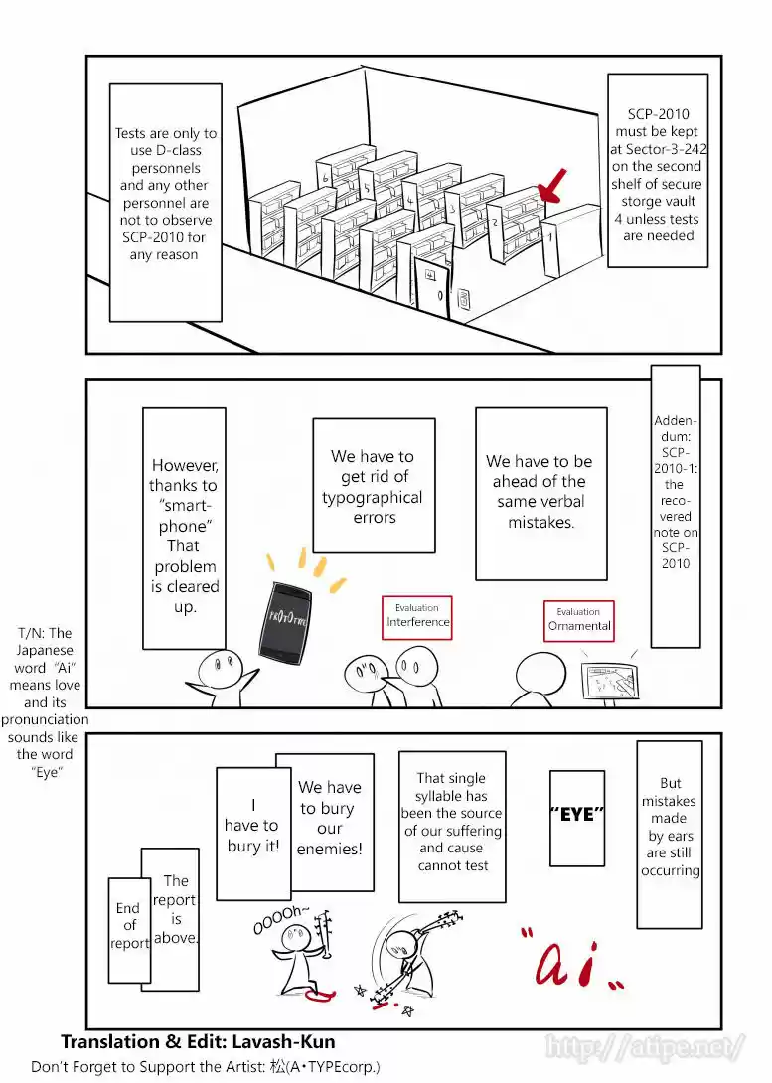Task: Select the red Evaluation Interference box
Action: pyautogui.click(x=417, y=617)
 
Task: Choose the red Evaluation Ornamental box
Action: pyautogui.click(x=579, y=620)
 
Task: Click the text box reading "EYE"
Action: pyautogui.click(x=576, y=816)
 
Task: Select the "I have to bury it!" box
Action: pyautogui.click(x=251, y=827)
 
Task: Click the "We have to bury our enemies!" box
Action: pyautogui.click(x=330, y=819)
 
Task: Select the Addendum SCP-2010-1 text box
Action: pyautogui.click(x=675, y=492)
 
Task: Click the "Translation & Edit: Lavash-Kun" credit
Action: pyautogui.click(x=198, y=1042)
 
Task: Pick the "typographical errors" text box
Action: pyautogui.click(x=374, y=486)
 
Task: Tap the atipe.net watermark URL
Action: pyautogui.click(x=645, y=1047)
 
